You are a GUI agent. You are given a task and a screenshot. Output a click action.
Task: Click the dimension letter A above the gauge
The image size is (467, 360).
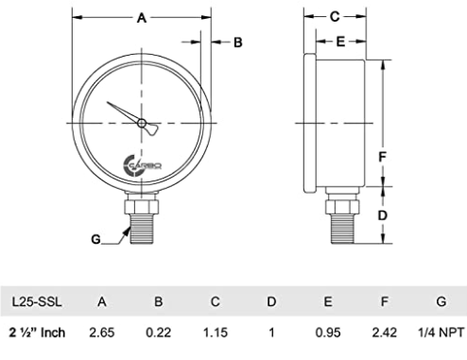tap(142, 18)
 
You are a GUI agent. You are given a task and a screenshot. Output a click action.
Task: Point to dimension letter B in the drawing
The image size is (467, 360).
tap(238, 43)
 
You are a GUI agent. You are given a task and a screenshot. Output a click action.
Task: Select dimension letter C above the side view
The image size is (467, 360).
tap(335, 16)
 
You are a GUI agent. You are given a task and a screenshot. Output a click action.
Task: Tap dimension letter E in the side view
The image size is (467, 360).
tap(340, 42)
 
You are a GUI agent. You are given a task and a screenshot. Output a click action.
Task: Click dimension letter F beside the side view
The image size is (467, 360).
tap(382, 157)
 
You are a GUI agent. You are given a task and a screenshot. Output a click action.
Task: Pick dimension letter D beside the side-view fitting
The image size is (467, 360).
tap(382, 215)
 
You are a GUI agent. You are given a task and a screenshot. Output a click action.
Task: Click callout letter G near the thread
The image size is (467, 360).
tap(95, 239)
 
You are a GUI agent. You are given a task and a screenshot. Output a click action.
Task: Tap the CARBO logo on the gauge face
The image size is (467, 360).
tap(143, 165)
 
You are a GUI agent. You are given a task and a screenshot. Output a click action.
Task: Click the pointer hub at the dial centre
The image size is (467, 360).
tap(142, 123)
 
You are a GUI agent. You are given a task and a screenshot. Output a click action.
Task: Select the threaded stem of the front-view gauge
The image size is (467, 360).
tap(142, 229)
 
